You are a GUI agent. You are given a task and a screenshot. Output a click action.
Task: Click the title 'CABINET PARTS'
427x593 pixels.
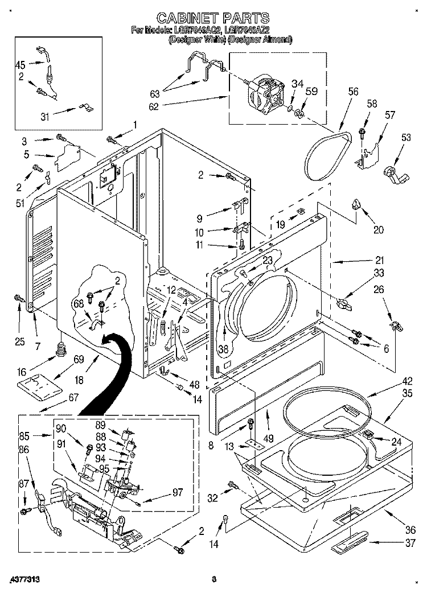[213, 18]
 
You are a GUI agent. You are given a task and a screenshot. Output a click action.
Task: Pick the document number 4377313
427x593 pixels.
[24, 579]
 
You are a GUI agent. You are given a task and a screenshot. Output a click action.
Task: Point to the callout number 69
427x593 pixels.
[79, 359]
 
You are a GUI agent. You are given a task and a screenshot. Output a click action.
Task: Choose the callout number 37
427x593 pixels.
[409, 543]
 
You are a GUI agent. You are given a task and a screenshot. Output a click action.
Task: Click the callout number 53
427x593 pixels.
[405, 138]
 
